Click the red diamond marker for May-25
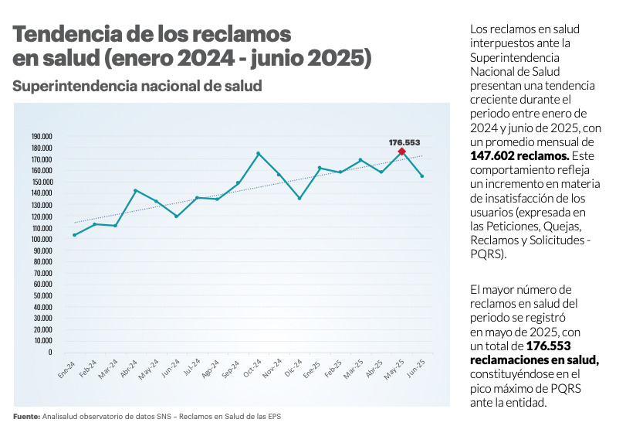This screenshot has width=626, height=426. (401, 152)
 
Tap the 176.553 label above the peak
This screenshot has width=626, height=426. (404, 142)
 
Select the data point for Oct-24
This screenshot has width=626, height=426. (259, 153)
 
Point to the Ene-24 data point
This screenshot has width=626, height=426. (74, 235)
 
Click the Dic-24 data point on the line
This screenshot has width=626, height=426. (299, 199)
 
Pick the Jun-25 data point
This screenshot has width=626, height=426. (422, 176)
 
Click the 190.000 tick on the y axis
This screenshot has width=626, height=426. (41, 136)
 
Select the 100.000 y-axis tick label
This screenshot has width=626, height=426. (41, 240)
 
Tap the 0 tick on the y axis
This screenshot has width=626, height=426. (49, 352)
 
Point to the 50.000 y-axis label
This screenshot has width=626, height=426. (42, 296)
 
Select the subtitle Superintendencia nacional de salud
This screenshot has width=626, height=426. (137, 86)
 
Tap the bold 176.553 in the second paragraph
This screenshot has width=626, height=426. (547, 346)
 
